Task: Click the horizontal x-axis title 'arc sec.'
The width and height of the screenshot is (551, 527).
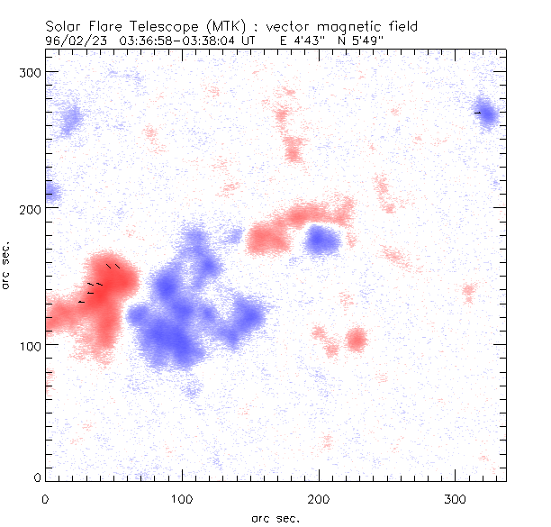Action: point(275,518)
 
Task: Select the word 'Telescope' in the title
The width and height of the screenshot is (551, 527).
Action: point(174,27)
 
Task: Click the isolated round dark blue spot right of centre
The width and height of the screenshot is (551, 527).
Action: point(321,240)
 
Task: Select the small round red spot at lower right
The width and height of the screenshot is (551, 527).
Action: point(357,340)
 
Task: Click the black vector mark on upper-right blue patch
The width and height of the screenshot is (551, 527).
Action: point(478,113)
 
